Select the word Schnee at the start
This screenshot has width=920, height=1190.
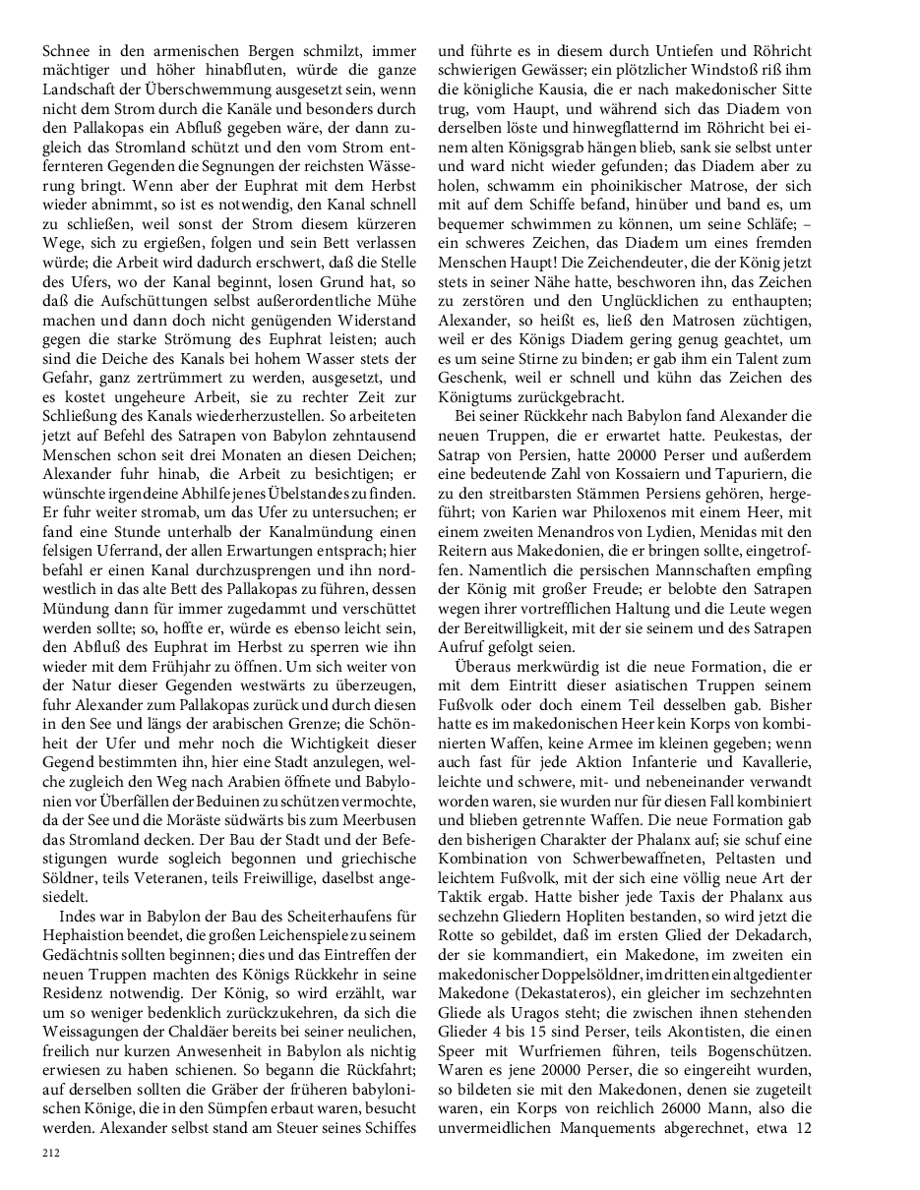(x=68, y=49)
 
